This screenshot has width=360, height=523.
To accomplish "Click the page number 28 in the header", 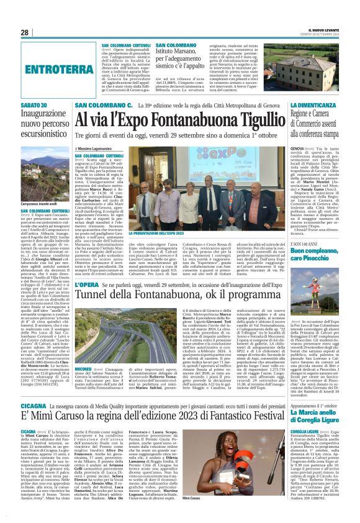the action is [x=25, y=32].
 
